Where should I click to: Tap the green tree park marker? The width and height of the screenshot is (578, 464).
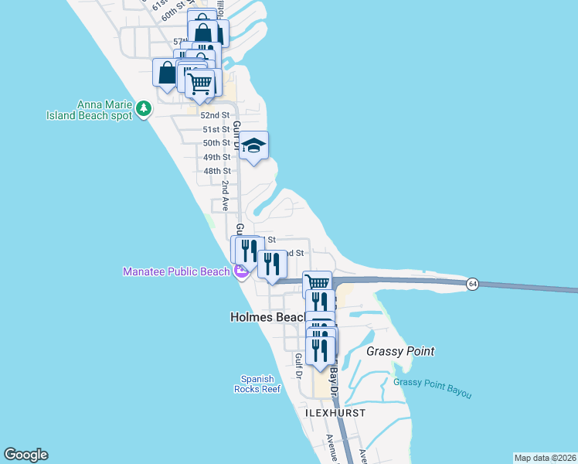[x=143, y=110]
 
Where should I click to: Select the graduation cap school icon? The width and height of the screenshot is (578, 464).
[x=253, y=145]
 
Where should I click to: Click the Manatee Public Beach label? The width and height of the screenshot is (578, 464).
[x=176, y=271]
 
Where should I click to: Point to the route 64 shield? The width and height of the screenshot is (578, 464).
[x=471, y=285]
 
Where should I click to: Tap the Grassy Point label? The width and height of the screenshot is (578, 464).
[x=399, y=351]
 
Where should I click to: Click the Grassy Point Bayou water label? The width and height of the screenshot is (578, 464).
[x=432, y=388]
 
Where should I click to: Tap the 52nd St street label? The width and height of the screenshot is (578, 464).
[x=216, y=115]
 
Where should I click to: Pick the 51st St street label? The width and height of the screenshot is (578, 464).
[x=216, y=129]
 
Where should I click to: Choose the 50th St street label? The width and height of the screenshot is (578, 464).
[x=216, y=143]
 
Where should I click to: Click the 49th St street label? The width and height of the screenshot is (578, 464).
[x=216, y=157]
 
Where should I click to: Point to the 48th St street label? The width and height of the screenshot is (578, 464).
[x=216, y=171]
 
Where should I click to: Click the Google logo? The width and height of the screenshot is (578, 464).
[x=25, y=455]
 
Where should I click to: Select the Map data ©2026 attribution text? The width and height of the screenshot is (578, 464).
[x=544, y=458]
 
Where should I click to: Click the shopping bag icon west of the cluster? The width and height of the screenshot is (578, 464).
[x=167, y=73]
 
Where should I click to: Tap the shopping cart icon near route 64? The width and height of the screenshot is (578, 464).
[x=317, y=283]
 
